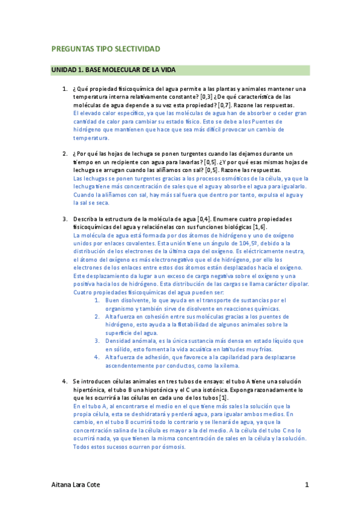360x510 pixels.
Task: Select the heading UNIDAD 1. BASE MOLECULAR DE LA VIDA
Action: pos(113,70)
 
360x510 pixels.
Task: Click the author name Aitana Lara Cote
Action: pos(76,484)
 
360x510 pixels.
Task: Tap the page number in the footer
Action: pos(307,484)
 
